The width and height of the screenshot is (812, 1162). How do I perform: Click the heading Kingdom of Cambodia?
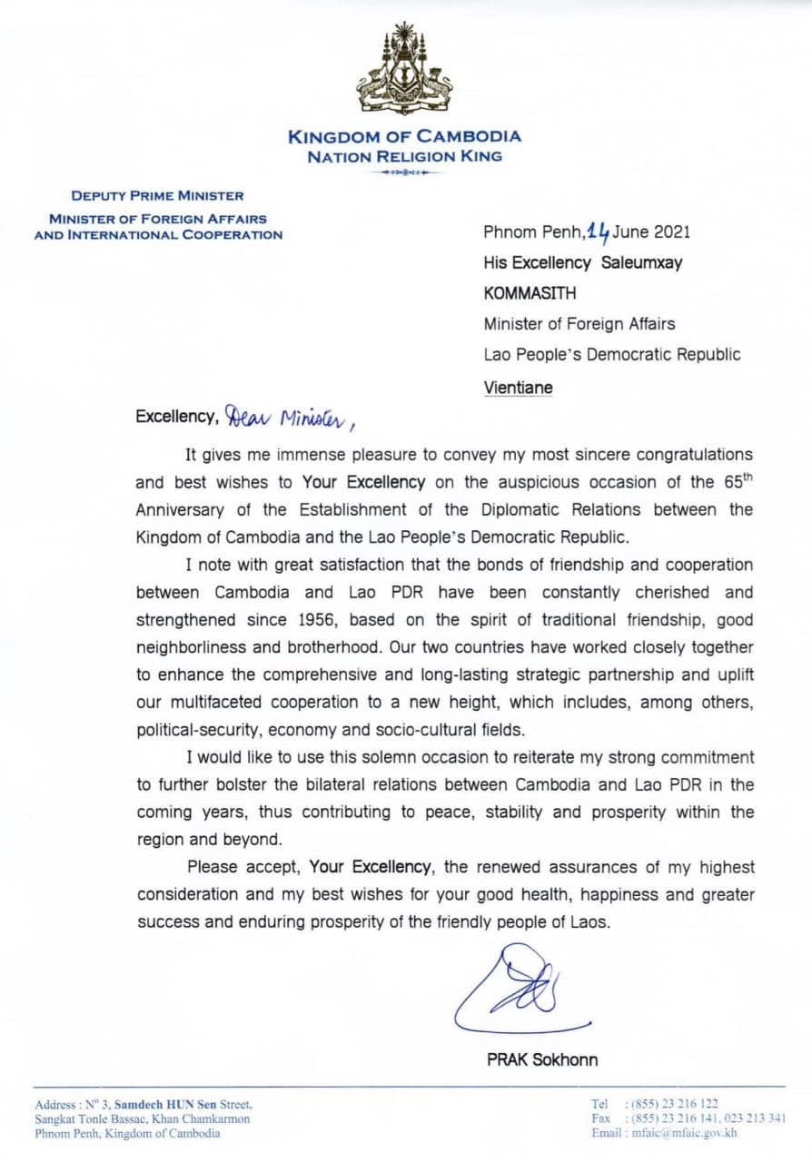tap(405, 137)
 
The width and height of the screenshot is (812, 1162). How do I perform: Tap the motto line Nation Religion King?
tap(405, 156)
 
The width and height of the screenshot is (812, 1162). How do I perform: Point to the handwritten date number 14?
tap(598, 231)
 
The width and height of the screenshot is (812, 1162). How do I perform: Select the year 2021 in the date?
tap(673, 231)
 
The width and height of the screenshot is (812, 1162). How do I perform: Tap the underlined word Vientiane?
tap(518, 387)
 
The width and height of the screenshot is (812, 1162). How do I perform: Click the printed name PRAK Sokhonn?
tap(542, 1059)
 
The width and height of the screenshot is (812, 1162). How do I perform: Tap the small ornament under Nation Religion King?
tap(405, 172)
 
